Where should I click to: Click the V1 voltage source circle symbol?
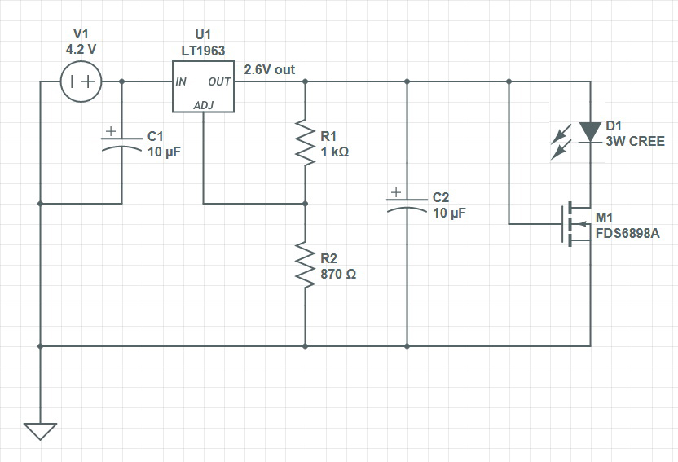[81, 81]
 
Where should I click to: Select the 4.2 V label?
[81, 49]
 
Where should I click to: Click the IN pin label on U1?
[181, 81]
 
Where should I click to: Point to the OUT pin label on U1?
[219, 81]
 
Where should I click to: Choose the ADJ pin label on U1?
[203, 105]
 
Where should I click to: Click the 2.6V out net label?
[270, 70]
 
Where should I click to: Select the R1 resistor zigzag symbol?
[305, 143]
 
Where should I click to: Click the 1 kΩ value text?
[335, 152]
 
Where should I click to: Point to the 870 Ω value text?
[338, 275]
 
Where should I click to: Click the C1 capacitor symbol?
[121, 142]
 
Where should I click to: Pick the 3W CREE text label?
[635, 141]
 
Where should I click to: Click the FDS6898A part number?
[627, 234]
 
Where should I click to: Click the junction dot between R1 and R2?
[305, 203]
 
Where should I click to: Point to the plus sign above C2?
[395, 193]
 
